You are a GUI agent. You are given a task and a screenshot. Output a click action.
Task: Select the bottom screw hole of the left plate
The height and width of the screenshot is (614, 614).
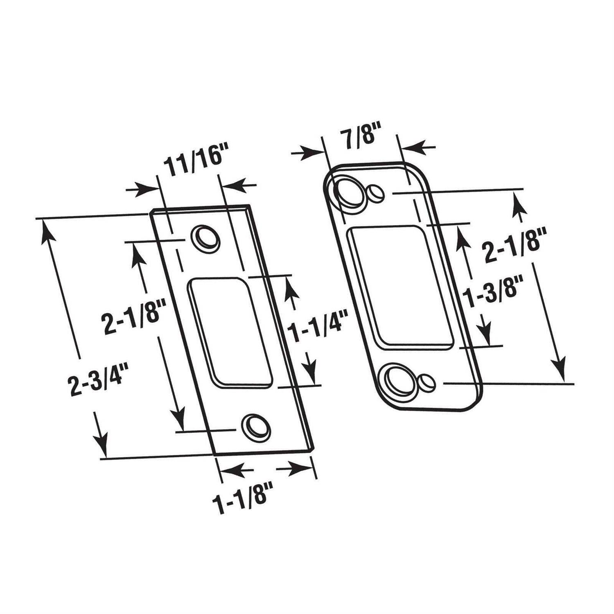(x=256, y=426)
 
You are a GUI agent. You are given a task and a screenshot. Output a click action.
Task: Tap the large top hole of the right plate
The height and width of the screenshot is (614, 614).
(x=349, y=192)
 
